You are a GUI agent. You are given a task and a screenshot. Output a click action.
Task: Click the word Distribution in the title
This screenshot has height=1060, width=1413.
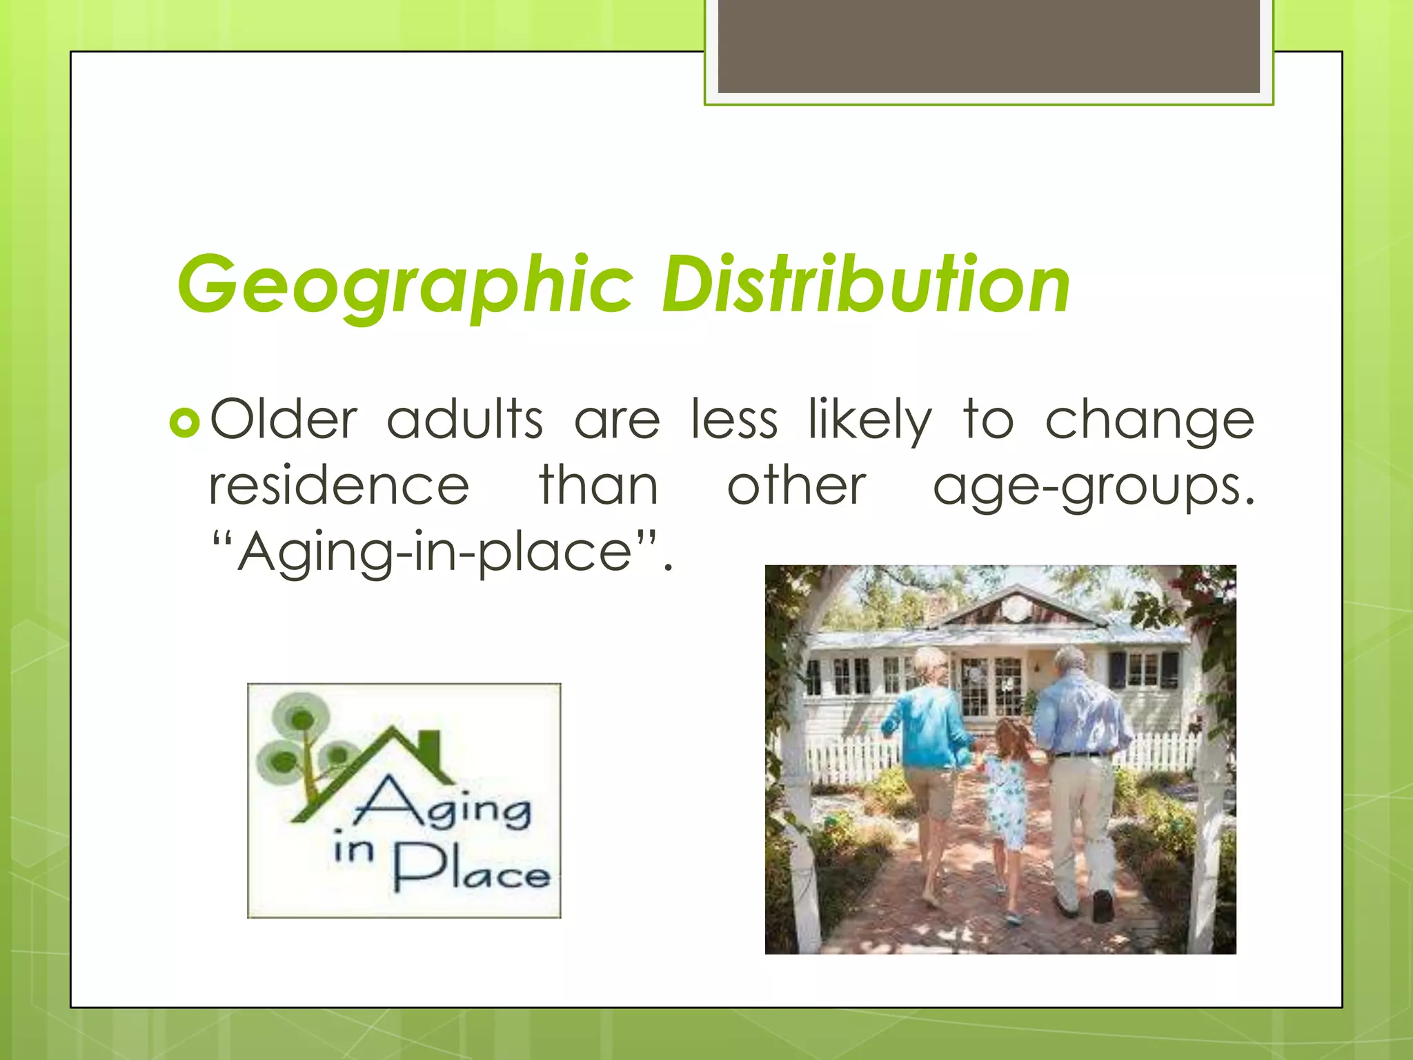865,284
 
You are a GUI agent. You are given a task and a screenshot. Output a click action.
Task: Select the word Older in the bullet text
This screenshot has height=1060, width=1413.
284,420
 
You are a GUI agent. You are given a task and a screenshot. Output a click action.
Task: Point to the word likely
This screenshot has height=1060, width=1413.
870,421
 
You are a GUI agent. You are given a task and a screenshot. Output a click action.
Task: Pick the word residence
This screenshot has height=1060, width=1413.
339,487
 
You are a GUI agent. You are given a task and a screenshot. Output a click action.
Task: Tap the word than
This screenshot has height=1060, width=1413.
598,486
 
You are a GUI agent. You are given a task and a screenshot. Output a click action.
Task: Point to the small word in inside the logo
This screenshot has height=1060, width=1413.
353,847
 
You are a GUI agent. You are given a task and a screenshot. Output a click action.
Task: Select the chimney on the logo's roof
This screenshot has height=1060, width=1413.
429,749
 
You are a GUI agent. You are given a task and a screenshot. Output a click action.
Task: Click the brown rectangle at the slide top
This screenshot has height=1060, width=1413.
988,46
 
